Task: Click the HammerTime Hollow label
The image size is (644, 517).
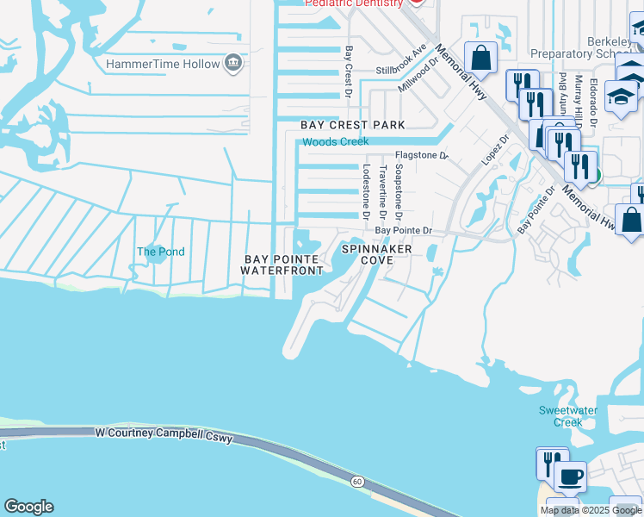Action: coord(162,65)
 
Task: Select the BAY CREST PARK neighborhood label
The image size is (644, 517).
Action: coord(352,125)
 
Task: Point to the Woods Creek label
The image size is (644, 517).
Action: coord(335,141)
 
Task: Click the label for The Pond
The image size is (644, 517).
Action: coord(161,252)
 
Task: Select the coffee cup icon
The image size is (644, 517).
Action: coord(569,476)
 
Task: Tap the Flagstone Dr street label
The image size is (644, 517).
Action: coord(422,156)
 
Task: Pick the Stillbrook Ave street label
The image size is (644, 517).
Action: coord(401,59)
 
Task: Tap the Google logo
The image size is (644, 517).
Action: coord(28,507)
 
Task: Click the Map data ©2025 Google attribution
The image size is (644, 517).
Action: coord(590,510)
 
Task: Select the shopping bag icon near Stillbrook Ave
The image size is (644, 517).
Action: coord(482,59)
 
